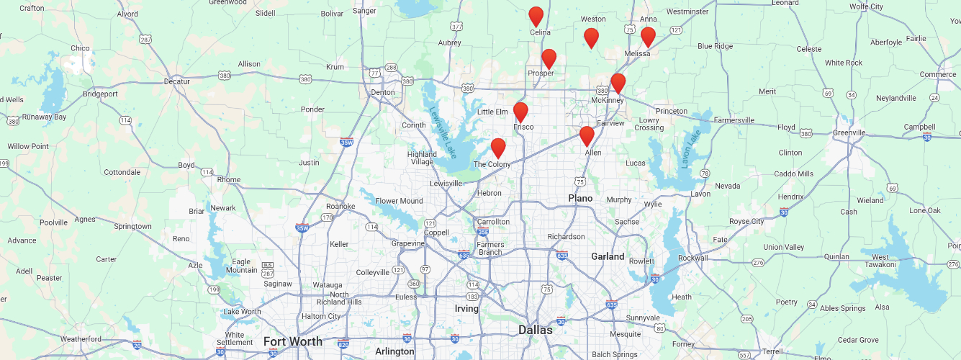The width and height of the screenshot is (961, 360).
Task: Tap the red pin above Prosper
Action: coord(549,58)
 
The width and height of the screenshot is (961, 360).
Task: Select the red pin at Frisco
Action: coord(520,112)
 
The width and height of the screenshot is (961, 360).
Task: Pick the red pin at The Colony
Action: coord(497,148)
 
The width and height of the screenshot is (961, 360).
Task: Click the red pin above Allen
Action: coord(587,135)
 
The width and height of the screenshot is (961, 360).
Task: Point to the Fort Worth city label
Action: coord(292,341)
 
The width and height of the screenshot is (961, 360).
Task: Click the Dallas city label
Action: coord(536,330)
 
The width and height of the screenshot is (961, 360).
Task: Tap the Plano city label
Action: coord(580,198)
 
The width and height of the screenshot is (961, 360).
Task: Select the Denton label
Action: coord(382,92)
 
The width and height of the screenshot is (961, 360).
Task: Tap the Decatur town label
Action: coord(176,81)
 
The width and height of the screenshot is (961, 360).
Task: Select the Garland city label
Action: coord(608,256)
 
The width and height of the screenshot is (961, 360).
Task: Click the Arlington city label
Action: coord(394,351)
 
